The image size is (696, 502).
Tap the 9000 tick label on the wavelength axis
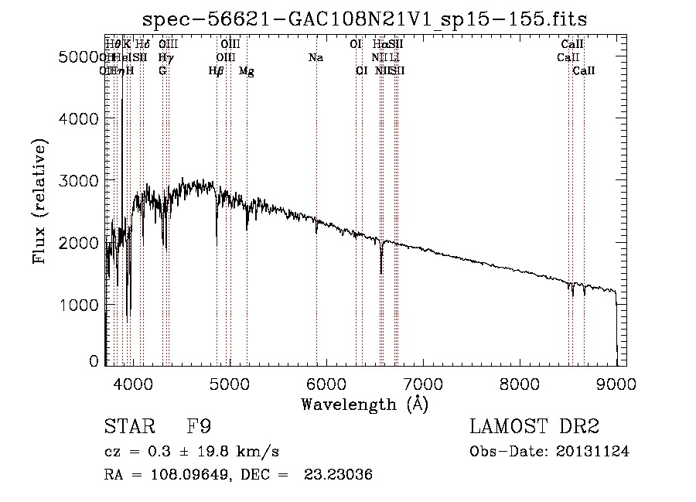pyautogui.click(x=616, y=384)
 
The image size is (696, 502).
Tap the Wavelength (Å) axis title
pyautogui.click(x=364, y=404)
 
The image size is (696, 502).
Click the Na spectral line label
pyautogui.click(x=316, y=58)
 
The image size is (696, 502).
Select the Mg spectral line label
pyautogui.click(x=247, y=71)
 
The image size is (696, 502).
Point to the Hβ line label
pyautogui.click(x=217, y=71)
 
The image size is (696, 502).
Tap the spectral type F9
pyautogui.click(x=200, y=427)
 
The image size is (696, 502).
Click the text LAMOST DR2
pyautogui.click(x=534, y=427)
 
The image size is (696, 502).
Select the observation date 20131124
pyautogui.click(x=592, y=452)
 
